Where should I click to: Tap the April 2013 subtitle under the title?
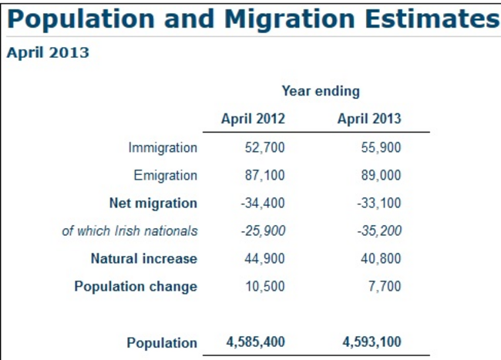pyautogui.click(x=48, y=53)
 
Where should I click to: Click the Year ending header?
pyautogui.click(x=320, y=91)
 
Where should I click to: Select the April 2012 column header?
pyautogui.click(x=253, y=119)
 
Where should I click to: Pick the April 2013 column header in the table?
pyautogui.click(x=369, y=119)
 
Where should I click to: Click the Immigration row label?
pyautogui.click(x=163, y=147)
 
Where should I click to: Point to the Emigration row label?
pyautogui.click(x=165, y=175)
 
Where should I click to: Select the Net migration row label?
pyautogui.click(x=153, y=204)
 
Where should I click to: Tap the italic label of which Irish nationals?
pyautogui.click(x=129, y=231)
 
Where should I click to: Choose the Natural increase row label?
pyautogui.click(x=144, y=259)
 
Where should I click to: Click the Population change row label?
pyautogui.click(x=136, y=287)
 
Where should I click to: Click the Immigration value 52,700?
pyautogui.click(x=264, y=147)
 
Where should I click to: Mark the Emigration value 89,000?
pyautogui.click(x=381, y=175)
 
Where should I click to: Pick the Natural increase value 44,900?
pyautogui.click(x=264, y=259)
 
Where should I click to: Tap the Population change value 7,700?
pyautogui.click(x=385, y=287)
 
